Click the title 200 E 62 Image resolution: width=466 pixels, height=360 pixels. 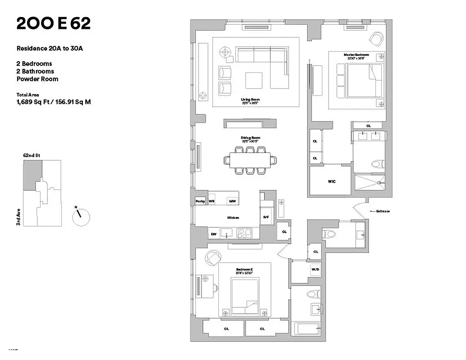(54, 24)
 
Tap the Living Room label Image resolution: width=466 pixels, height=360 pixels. (250, 99)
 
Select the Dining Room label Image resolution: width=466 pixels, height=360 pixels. (250, 138)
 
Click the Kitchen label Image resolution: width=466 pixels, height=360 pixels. (233, 218)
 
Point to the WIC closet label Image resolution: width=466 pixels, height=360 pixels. (331, 182)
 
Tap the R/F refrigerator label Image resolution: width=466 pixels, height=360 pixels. (266, 218)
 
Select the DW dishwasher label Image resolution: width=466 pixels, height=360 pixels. (213, 234)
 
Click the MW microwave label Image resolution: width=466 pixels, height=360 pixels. (232, 202)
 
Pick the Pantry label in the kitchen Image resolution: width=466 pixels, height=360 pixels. (200, 202)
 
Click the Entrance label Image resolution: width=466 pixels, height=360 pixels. (381, 211)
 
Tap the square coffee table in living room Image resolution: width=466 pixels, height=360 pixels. (253, 80)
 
